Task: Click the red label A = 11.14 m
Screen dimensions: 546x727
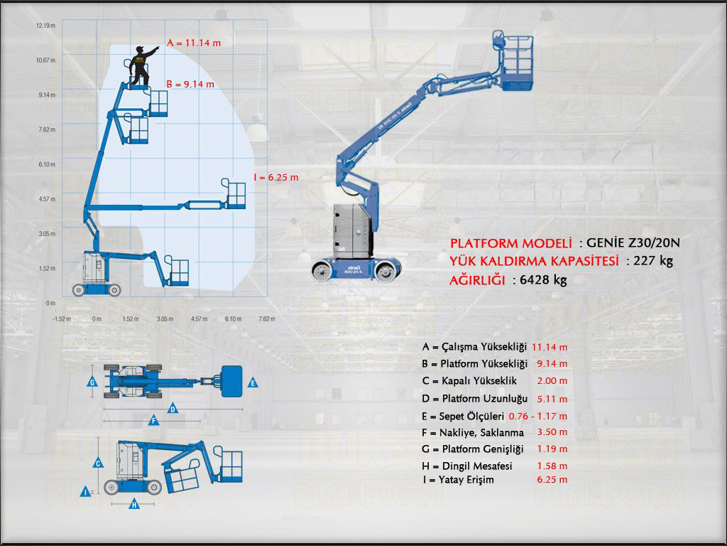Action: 193,43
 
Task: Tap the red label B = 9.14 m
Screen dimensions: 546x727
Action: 190,84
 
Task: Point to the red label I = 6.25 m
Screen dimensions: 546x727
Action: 275,177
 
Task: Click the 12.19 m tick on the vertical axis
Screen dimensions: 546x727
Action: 45,26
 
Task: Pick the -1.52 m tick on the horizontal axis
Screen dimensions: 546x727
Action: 62,318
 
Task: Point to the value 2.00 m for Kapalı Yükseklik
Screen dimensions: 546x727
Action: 552,381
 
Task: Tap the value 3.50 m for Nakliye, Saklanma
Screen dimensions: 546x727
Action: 552,432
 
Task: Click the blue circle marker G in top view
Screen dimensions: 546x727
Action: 92,382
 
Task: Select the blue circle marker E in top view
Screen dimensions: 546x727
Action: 253,382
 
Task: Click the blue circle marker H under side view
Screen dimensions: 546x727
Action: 133,505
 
